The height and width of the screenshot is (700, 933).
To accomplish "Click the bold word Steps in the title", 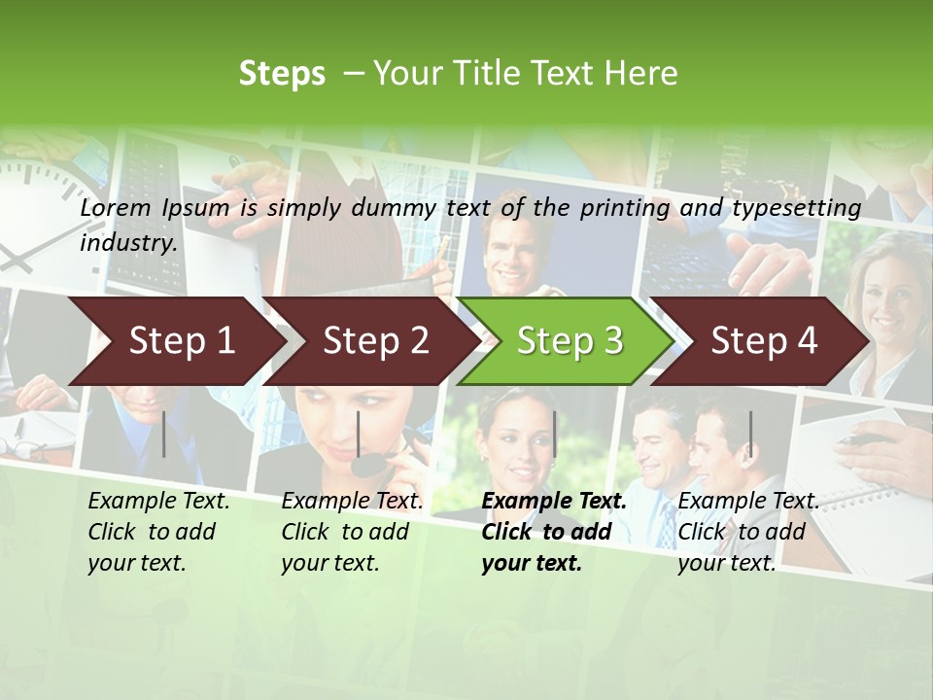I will pyautogui.click(x=282, y=73).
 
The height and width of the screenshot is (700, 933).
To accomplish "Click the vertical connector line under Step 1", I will pyautogui.click(x=164, y=434).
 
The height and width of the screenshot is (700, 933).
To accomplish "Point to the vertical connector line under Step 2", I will pyautogui.click(x=359, y=434).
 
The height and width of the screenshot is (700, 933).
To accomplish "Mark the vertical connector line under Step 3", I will pyautogui.click(x=554, y=434).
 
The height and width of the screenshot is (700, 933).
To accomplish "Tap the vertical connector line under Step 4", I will pyautogui.click(x=750, y=434).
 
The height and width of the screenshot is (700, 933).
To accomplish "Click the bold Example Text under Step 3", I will pyautogui.click(x=554, y=501).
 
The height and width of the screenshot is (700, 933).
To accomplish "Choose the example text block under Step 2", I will pyautogui.click(x=352, y=532).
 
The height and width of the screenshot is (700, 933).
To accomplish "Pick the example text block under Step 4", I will pyautogui.click(x=747, y=532).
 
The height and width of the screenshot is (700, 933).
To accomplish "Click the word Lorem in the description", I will pyautogui.click(x=116, y=207).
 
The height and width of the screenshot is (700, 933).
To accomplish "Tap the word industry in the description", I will pyautogui.click(x=128, y=242).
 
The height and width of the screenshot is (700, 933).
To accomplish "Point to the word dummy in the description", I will pyautogui.click(x=394, y=207).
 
